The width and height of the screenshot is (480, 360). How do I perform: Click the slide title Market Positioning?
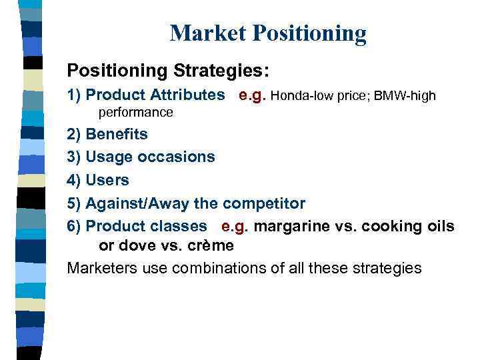coord(268,33)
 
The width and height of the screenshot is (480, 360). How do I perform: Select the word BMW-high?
coord(405,96)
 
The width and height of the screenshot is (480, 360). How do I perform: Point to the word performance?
coord(136,113)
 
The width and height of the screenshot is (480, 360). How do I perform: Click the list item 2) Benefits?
coord(107,134)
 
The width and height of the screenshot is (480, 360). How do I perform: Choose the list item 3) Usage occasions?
coord(141,157)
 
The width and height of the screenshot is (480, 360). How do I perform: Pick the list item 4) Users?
coord(98,180)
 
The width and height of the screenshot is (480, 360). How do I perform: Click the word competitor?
coord(265,203)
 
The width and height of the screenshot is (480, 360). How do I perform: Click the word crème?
coord(213,245)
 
